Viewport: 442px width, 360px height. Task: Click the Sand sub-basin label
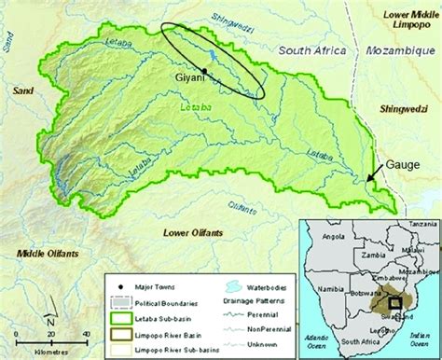[22, 90]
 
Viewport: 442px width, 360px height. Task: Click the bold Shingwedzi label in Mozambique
[408, 108]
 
